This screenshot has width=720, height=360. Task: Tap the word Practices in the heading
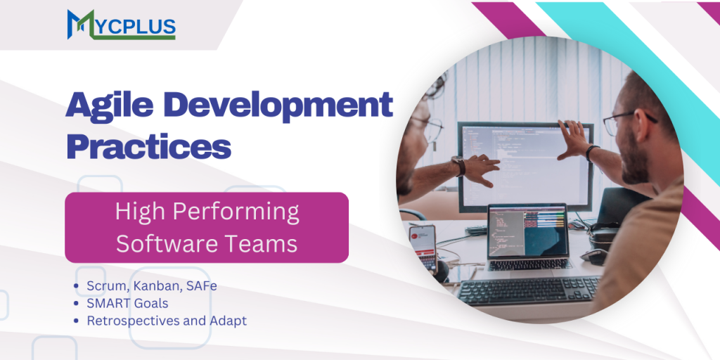(x=148, y=146)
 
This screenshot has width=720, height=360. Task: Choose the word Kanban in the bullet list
(x=156, y=286)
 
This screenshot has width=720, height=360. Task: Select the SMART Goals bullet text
(x=127, y=303)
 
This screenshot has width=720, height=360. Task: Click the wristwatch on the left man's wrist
(x=458, y=165)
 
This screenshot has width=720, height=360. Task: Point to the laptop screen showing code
(x=528, y=231)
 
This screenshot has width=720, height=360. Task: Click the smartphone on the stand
(x=423, y=246)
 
